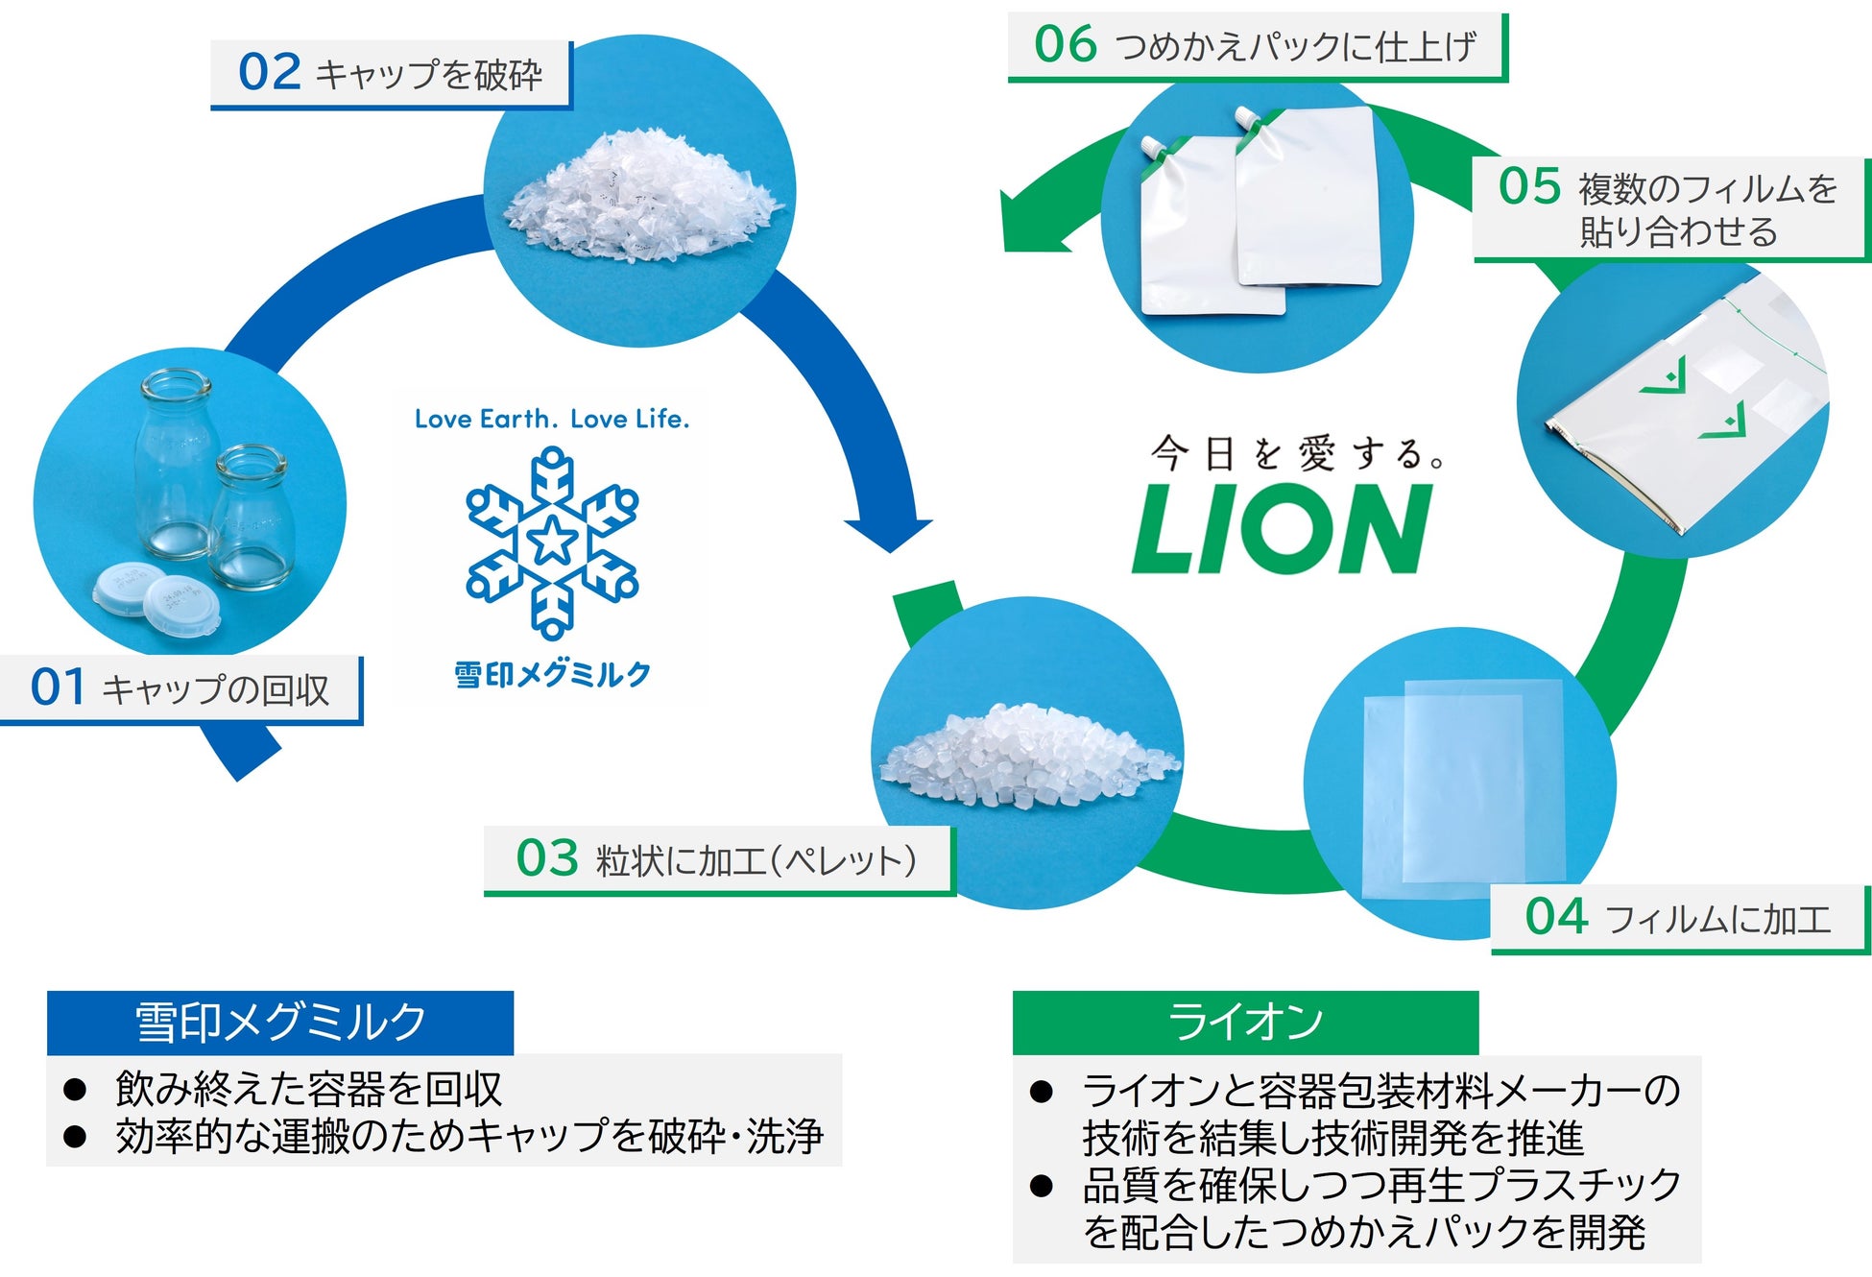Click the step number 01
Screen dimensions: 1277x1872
[58, 687]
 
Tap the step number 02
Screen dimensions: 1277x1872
[269, 73]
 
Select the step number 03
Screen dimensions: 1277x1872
[546, 857]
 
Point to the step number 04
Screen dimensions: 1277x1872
[1556, 916]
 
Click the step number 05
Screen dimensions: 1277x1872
[1529, 186]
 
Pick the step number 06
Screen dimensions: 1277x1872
[1065, 45]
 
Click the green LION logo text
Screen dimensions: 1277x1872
[1282, 529]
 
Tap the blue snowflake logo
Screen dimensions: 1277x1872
[552, 542]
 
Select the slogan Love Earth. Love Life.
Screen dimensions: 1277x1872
[552, 419]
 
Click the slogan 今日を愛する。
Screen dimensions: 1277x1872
[1296, 453]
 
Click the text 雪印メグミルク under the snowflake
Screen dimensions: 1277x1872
[552, 675]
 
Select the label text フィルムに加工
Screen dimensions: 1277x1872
[1717, 920]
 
